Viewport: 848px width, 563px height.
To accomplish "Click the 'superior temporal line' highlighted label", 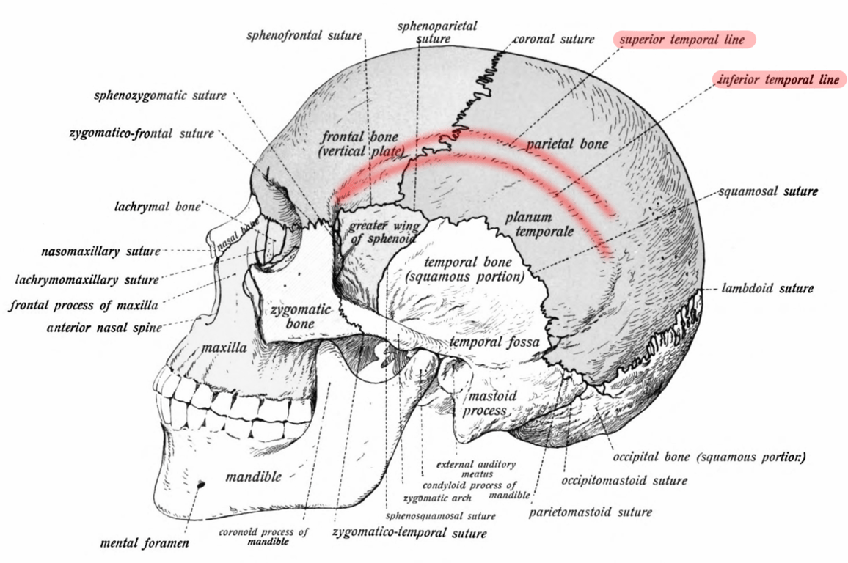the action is [x=684, y=40].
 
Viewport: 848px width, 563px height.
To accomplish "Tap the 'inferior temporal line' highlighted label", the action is [x=779, y=79].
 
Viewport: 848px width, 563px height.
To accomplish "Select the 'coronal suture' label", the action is [x=553, y=39].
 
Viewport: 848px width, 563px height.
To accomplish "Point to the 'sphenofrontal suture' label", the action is [x=304, y=36].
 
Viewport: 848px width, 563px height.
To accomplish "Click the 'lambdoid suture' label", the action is [x=767, y=288].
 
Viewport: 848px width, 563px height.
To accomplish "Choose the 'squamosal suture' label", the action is [x=768, y=191].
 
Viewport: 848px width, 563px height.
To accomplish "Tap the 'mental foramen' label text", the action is [x=145, y=542].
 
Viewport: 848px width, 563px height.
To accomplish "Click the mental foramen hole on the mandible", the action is [x=201, y=485].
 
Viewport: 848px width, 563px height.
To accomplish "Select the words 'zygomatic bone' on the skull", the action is [x=300, y=317].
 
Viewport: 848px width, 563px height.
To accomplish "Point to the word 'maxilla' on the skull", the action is [x=224, y=347].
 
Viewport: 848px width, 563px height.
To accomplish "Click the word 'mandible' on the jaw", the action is [x=253, y=476].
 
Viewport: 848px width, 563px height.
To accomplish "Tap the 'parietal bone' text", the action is [x=567, y=144].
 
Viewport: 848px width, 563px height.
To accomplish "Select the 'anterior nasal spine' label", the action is [x=104, y=328].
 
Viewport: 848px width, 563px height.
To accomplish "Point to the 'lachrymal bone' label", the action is [x=157, y=207].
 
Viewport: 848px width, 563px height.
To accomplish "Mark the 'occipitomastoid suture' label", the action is [x=624, y=480].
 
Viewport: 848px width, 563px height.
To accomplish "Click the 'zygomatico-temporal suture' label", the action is [x=409, y=532].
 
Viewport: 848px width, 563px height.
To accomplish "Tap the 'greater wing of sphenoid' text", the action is [x=384, y=232].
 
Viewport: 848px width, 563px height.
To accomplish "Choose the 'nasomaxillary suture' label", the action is [x=100, y=251].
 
